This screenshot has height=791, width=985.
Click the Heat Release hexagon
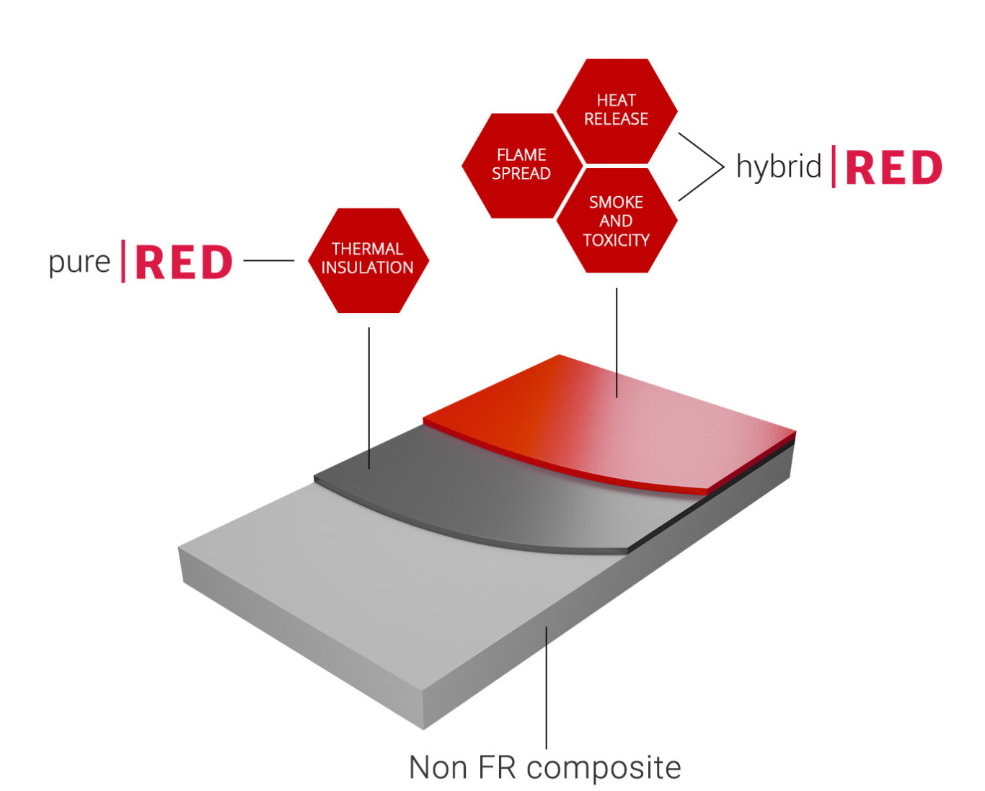pyautogui.click(x=617, y=110)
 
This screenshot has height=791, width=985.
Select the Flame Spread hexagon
pyautogui.click(x=521, y=165)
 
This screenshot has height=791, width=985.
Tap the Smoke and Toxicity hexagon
pyautogui.click(x=617, y=221)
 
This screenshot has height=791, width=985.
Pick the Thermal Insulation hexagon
pyautogui.click(x=368, y=260)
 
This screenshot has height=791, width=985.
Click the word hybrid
pyautogui.click(x=778, y=167)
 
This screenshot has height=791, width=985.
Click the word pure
pyautogui.click(x=79, y=262)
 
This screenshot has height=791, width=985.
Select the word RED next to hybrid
pyautogui.click(x=893, y=168)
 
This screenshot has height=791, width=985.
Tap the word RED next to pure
pyautogui.click(x=184, y=262)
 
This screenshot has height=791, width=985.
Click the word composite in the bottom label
pyautogui.click(x=604, y=768)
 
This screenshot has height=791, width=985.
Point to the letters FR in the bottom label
pyautogui.click(x=496, y=768)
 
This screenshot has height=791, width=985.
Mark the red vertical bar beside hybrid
pyautogui.click(x=834, y=167)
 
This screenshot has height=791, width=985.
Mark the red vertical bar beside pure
pyautogui.click(x=123, y=261)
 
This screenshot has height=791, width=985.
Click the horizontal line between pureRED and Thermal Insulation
pyautogui.click(x=268, y=260)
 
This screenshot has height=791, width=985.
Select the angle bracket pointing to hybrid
pyautogui.click(x=710, y=167)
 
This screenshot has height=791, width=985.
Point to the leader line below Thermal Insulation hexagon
pyautogui.click(x=369, y=397)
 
